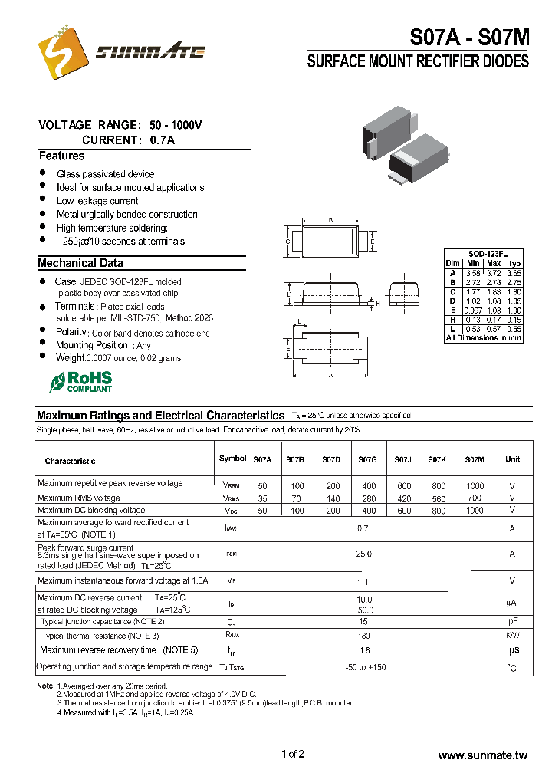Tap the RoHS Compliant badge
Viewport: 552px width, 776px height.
click(x=81, y=382)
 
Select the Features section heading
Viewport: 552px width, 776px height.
click(x=61, y=156)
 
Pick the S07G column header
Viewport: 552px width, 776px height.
click(x=367, y=459)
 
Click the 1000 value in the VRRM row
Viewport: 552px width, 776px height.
click(x=475, y=486)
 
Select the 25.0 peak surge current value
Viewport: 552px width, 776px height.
click(x=363, y=554)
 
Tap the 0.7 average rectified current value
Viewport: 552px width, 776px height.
click(x=363, y=528)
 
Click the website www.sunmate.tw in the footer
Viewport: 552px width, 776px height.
click(x=483, y=755)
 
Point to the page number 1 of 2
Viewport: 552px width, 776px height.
click(x=293, y=754)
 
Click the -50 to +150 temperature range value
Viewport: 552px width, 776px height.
click(x=366, y=668)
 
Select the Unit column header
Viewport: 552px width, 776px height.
click(x=511, y=459)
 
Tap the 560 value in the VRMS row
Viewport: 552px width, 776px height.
click(x=438, y=498)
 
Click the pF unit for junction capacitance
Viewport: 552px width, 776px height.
click(x=512, y=621)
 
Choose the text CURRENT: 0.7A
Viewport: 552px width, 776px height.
click(x=128, y=140)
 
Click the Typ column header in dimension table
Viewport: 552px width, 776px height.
click(x=514, y=263)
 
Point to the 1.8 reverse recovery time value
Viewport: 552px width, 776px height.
click(x=364, y=650)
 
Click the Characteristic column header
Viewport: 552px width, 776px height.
click(x=70, y=461)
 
